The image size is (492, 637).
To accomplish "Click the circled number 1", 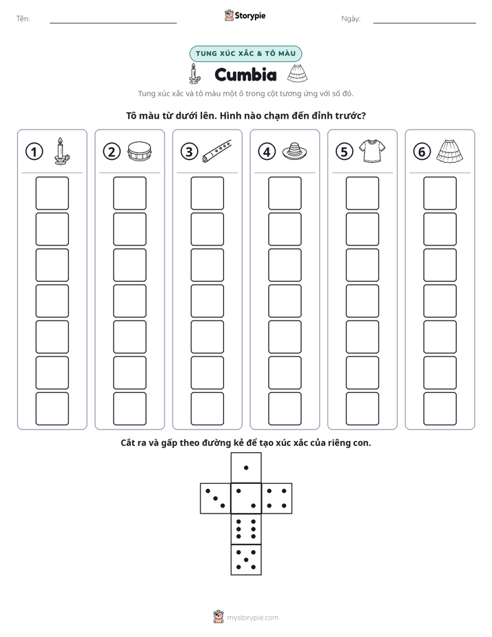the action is point(34,152).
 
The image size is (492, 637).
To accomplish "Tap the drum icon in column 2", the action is point(140,151).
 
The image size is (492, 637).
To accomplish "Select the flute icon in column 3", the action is point(217,151).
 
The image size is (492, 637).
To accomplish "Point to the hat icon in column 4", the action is point(294,151).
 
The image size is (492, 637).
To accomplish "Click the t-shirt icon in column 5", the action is point(372,151).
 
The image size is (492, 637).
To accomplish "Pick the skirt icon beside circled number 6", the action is point(450,151).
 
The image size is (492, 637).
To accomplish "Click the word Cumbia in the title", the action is point(245,74).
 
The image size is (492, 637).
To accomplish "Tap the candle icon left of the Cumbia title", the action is point(194,74).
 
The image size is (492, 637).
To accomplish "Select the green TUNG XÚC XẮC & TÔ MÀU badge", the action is point(245,54).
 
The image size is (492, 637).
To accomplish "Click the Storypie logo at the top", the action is point(245,15).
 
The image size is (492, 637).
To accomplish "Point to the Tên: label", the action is point(23,19).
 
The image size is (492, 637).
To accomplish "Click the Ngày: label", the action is point(351,19).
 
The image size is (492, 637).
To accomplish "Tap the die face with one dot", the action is point(246,467).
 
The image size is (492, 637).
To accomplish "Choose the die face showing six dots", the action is point(246,529).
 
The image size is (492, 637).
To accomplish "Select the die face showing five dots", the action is point(246,560).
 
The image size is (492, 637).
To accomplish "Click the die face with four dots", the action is point(277,498).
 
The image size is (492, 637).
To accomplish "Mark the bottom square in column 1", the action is point(52,409).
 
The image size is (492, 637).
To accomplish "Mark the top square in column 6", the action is point(440,193).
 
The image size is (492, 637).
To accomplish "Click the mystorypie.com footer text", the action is point(252,618).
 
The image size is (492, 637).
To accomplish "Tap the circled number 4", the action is point(267,152).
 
